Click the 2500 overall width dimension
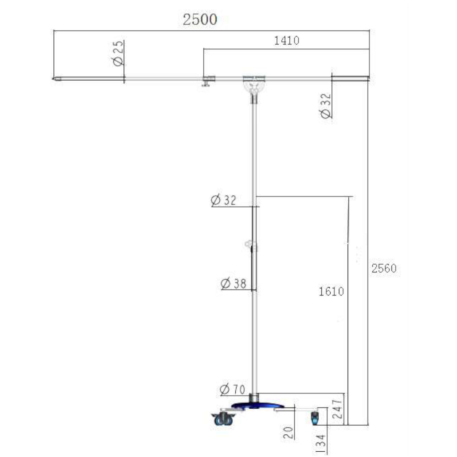coord(200,19)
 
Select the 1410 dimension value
coord(286,40)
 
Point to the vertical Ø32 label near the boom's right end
coord(326,106)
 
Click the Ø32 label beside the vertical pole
coord(224,200)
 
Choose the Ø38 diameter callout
coord(233,283)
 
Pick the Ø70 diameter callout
coord(232,390)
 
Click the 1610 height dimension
coord(331,291)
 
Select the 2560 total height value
coord(384,268)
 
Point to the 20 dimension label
coord(289,432)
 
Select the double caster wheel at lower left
coord(223,419)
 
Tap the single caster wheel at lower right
coord(315,418)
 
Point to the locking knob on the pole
coord(249,244)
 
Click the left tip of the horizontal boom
coord(56,79)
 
